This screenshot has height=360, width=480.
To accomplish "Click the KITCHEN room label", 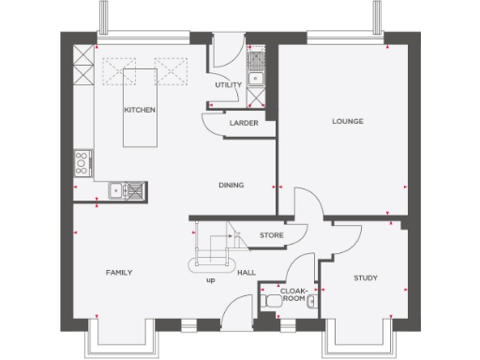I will coord(140,110).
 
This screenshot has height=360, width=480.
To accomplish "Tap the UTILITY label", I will coord(228,84).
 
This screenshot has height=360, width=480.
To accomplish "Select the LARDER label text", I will coord(243,122).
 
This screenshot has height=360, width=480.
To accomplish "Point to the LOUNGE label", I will coord(347,122).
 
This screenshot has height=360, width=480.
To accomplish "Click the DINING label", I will coord(231,185).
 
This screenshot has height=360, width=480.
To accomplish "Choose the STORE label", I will coord(271,235).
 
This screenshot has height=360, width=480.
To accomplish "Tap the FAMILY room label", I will coord(118,272).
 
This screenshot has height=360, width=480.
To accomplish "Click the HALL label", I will coord(247,273).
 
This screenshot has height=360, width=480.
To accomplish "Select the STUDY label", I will coord(366,278).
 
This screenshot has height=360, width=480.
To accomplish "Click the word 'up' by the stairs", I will coord(210,279).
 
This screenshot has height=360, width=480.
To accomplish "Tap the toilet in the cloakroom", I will coord(271,300).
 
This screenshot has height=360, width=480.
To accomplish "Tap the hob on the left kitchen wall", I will coord(82,164).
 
